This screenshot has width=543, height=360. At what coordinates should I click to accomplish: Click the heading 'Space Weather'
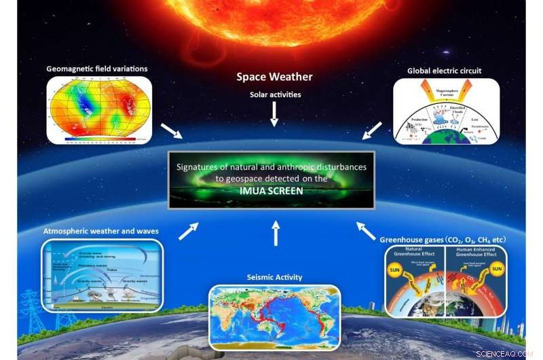coord(274,77)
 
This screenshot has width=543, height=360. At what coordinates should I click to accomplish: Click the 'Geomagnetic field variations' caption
coord(97,69)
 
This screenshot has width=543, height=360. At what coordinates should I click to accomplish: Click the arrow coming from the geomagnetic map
coord(171,130)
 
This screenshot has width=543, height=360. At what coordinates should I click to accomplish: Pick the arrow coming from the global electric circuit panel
coord(373,130)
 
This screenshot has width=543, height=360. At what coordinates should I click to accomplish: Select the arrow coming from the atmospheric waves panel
coord(189,231)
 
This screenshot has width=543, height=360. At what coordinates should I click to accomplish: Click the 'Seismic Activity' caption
coord(275,277)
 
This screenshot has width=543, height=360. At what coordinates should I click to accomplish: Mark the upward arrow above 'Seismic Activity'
coord(275,233)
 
